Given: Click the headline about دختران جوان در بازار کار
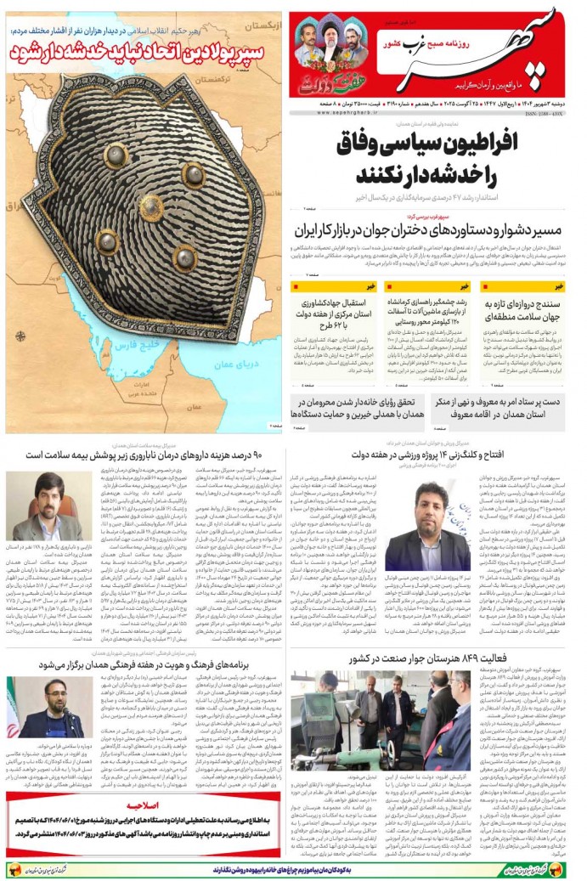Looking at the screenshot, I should pyautogui.click(x=429, y=231).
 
